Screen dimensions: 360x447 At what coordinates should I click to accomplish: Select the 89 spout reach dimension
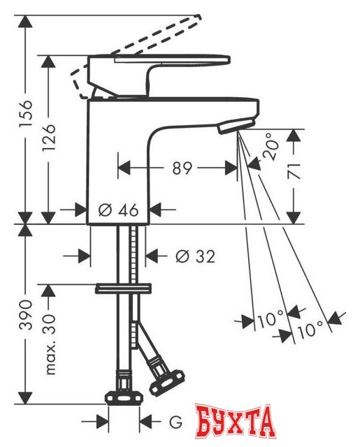182,168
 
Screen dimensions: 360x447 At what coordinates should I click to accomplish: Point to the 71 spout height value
294,171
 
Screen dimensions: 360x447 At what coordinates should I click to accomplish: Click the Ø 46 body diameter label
119,210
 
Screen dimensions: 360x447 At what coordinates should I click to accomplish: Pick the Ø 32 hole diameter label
195,256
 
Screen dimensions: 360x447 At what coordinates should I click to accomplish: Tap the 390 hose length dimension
27,315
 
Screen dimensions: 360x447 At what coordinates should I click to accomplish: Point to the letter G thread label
175,422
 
